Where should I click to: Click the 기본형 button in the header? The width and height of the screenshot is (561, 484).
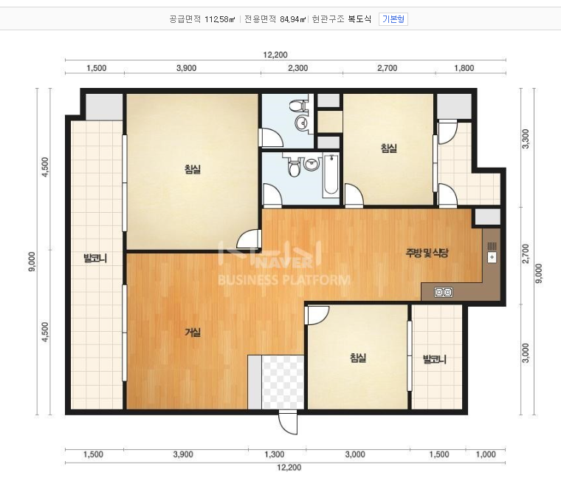point(393,19)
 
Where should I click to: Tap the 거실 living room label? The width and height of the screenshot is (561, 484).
point(193,333)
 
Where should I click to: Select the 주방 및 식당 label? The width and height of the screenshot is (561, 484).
point(427,253)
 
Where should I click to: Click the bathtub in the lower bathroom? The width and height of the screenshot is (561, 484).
point(331,176)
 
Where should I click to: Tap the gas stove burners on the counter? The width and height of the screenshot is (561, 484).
point(444,293)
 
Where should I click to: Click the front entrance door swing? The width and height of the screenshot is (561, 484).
point(289,422)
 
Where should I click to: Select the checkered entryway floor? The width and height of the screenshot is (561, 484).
point(283,382)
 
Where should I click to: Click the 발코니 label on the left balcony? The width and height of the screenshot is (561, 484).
point(94,258)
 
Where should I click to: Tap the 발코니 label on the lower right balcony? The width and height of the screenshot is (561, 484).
point(435,359)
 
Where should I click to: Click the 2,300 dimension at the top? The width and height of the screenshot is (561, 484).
point(297,68)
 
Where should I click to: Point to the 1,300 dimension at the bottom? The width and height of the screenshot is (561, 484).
point(275,454)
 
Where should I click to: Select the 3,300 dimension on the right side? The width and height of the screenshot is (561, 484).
point(526,139)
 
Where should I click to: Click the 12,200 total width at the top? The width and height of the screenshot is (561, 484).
point(275,55)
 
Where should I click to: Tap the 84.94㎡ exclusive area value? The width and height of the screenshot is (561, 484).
point(293,19)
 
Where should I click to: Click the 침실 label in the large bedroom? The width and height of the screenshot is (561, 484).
point(193,169)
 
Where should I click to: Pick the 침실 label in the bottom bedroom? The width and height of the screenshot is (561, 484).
point(358,358)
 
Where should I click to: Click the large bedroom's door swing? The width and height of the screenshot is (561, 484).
point(249,239)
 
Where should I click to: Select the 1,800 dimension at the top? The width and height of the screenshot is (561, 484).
point(464,68)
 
